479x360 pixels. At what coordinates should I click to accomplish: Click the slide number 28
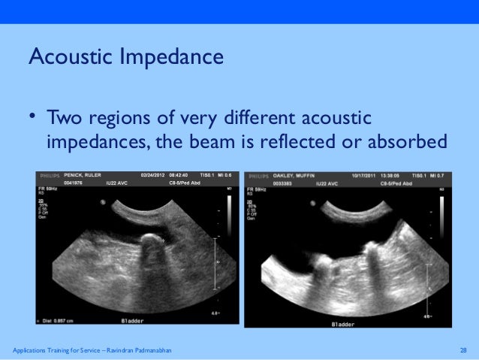463,351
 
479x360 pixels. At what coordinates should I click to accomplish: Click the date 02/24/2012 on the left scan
154,174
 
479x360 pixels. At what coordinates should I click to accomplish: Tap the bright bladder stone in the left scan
152,241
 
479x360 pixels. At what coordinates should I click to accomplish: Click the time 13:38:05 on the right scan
391,174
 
